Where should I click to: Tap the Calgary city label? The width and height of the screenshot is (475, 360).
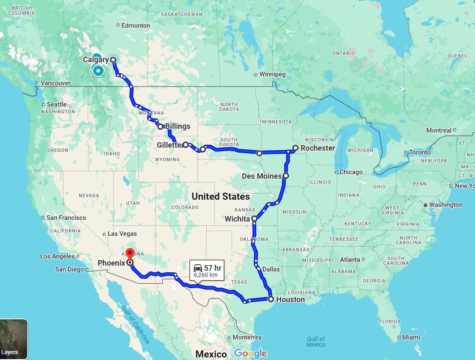coord(96,60)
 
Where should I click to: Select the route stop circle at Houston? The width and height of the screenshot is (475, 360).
coord(271,299)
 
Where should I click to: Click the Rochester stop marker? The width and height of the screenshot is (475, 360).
coord(296,148)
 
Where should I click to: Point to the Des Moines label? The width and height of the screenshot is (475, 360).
coord(262,176)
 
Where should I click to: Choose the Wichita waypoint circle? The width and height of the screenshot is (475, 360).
coord(254,219)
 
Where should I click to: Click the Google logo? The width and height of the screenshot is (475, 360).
coord(250,354)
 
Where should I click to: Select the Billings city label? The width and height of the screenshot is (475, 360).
coord(177,126)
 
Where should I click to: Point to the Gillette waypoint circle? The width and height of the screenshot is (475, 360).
coord(185,145)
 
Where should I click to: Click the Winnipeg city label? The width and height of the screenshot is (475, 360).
coord(273,75)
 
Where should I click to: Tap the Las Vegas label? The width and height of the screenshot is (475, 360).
coord(122,234)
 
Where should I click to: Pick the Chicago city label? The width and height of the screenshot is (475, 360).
coord(351,172)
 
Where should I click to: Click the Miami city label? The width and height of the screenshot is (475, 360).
coord(411,337)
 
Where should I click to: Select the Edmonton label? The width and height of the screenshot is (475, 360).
coord(135,26)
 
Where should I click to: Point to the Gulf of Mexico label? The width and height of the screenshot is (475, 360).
coord(316,342)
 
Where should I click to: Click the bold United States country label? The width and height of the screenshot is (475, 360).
coord(221,196)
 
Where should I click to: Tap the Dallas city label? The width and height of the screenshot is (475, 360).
coord(271,269)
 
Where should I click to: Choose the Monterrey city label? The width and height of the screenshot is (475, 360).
coord(247,337)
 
